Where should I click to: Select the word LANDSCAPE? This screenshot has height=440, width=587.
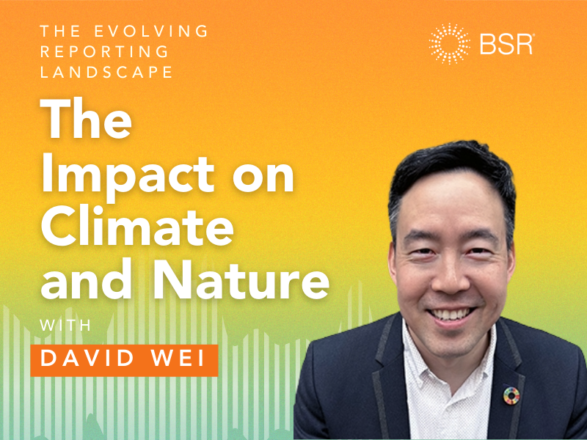pos(106,73)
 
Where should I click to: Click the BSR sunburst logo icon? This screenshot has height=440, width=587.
pos(450,44)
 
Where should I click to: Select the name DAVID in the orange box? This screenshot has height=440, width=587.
pos(82,359)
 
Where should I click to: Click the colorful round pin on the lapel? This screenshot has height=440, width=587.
pos(511,395)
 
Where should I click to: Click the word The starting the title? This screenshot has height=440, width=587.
pos(86,121)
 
